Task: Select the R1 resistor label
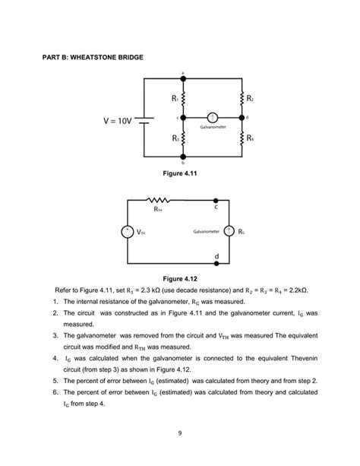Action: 174,98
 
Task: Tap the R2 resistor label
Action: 249,98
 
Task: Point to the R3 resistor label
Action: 174,138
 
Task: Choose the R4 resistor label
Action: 249,138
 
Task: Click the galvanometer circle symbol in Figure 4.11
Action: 213,118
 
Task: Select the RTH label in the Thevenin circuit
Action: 158,208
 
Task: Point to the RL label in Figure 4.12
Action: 242,231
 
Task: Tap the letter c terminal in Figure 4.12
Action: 216,206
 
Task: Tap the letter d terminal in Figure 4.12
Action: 216,256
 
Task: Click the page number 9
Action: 180,433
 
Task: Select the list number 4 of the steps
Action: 56,356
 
